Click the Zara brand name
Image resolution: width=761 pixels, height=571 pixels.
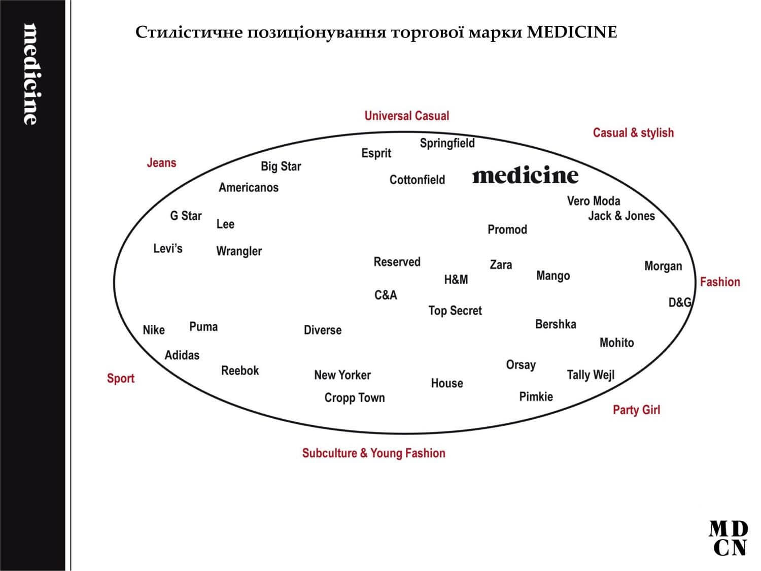(x=501, y=264)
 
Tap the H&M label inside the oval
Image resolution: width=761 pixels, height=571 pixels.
(x=456, y=280)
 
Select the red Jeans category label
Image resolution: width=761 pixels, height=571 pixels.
(x=161, y=163)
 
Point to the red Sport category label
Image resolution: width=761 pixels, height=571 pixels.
(x=120, y=379)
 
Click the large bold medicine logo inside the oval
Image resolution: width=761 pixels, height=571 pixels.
(x=525, y=176)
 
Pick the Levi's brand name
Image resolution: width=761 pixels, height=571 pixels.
(x=167, y=249)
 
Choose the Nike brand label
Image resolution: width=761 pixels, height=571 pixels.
(x=154, y=330)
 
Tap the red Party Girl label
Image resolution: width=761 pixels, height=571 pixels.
(x=636, y=410)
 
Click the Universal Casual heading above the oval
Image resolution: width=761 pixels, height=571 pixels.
(x=406, y=116)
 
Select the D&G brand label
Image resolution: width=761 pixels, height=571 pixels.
(x=680, y=303)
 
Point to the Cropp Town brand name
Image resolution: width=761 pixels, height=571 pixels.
(x=355, y=398)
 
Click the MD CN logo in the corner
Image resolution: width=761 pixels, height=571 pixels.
(x=728, y=539)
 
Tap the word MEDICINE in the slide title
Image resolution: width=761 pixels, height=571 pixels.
(x=572, y=32)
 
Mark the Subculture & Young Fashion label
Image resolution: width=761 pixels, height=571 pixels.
(x=373, y=453)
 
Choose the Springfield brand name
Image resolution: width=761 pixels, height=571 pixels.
(x=447, y=144)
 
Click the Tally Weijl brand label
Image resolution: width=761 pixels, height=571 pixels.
(x=591, y=375)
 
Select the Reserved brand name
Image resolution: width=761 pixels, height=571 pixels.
(x=397, y=262)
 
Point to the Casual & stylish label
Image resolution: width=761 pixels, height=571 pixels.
(x=633, y=133)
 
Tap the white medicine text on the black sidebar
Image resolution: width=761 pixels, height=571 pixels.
(x=31, y=74)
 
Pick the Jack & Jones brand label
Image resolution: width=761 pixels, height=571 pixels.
(x=621, y=216)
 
